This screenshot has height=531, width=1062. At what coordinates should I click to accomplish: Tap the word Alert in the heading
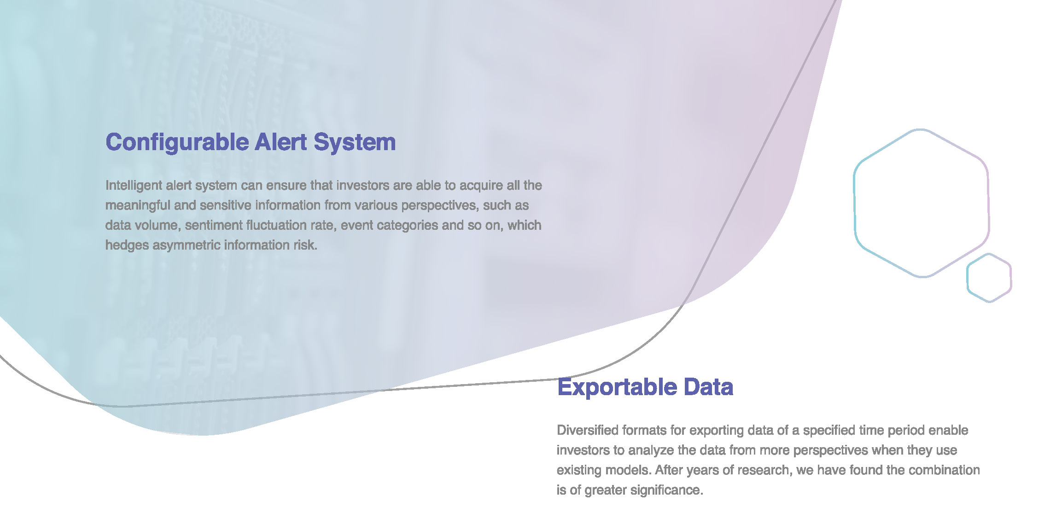click(x=281, y=142)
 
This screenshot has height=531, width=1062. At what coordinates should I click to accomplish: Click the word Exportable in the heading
click(x=617, y=387)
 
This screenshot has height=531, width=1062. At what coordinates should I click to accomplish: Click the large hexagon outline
click(x=855, y=203)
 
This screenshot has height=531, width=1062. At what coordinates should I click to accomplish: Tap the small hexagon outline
click(x=968, y=278)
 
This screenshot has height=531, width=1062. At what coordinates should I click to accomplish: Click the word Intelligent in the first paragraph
click(x=134, y=186)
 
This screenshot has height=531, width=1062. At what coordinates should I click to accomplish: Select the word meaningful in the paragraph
click(x=138, y=205)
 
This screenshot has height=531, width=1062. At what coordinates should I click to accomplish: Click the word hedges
click(x=127, y=245)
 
